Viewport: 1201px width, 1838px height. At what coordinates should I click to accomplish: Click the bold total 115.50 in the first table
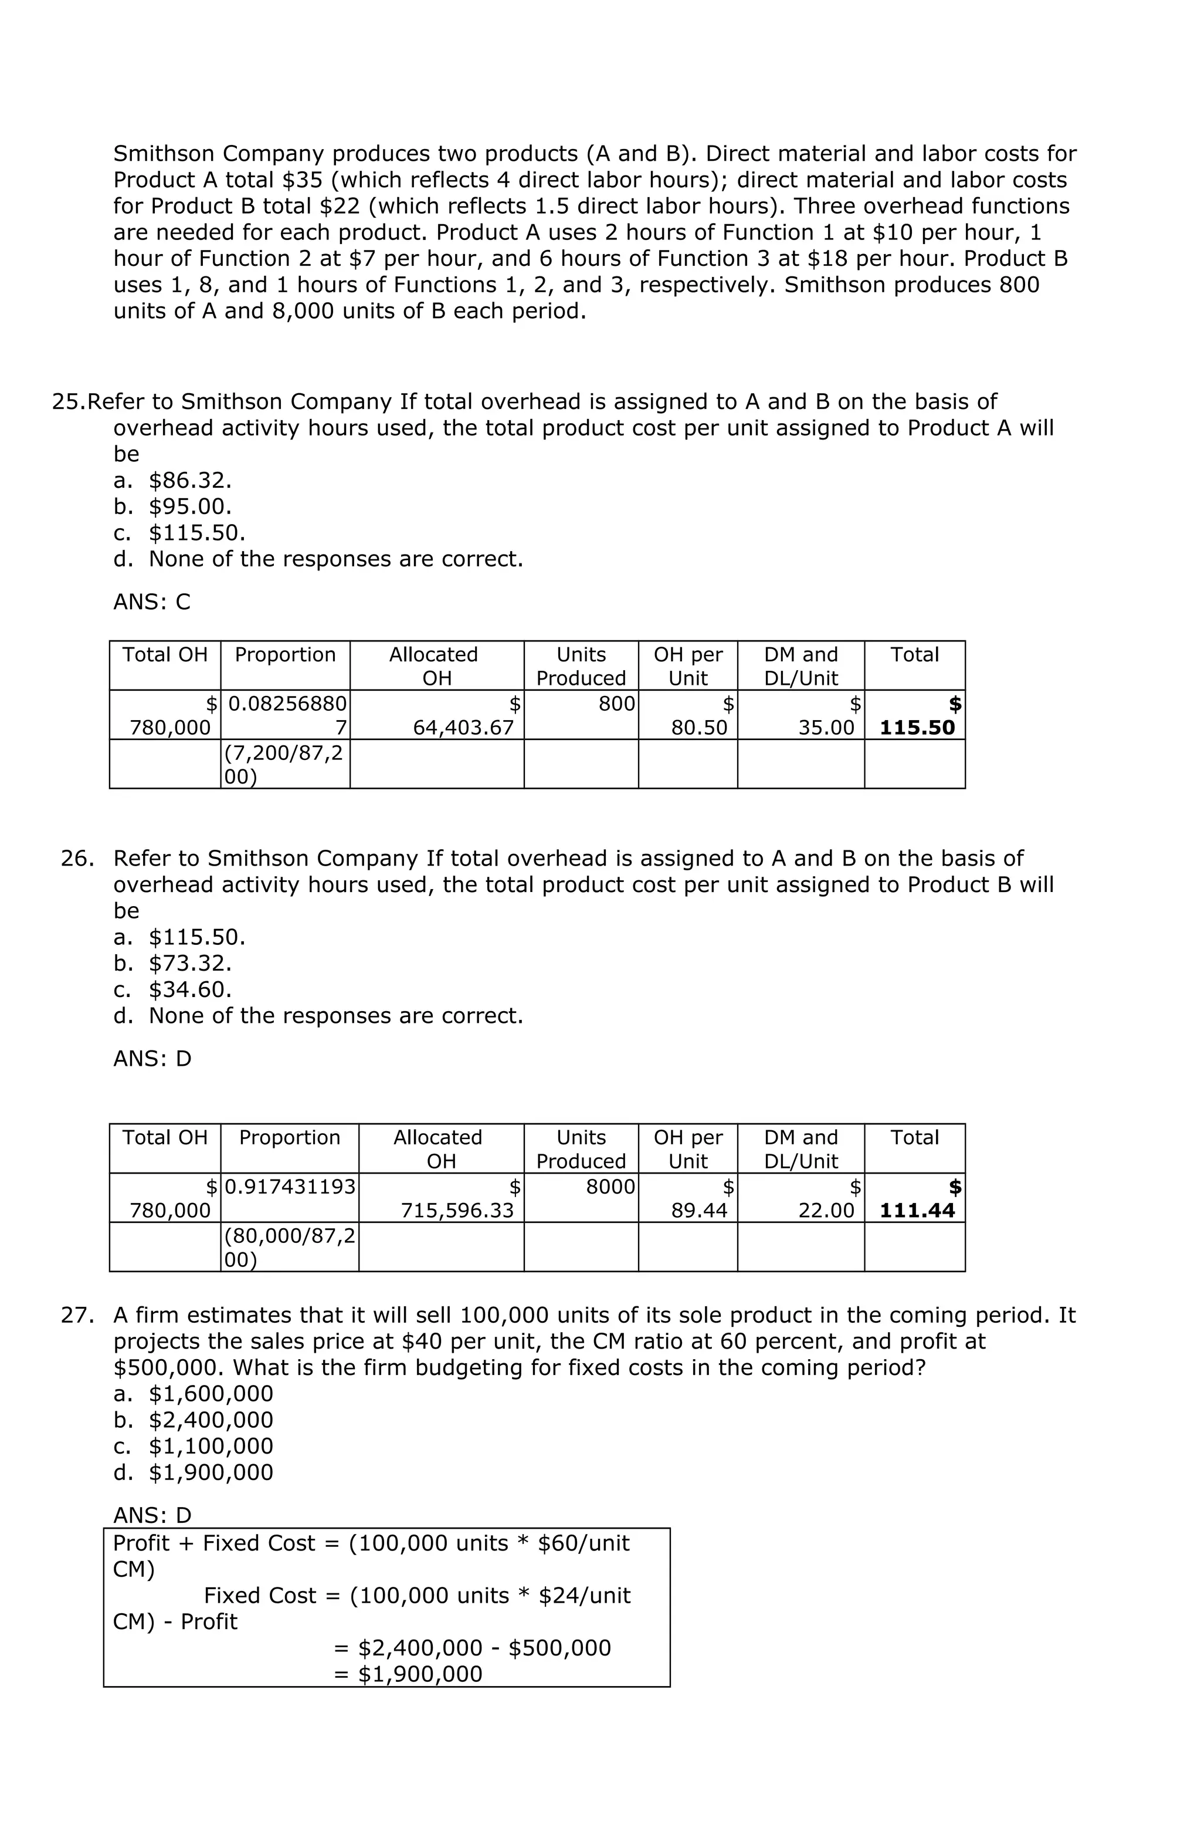pyautogui.click(x=917, y=728)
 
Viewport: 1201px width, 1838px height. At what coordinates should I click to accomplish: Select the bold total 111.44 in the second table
pyautogui.click(x=917, y=1210)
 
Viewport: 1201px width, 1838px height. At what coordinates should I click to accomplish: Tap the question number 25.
pyautogui.click(x=68, y=401)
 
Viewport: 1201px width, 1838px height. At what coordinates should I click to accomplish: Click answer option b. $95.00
pyautogui.click(x=173, y=506)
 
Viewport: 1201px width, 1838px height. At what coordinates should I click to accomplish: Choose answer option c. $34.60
pyautogui.click(x=173, y=989)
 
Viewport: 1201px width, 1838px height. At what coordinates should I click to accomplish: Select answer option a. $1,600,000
pyautogui.click(x=193, y=1393)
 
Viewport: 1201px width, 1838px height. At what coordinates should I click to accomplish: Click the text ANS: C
pyautogui.click(x=151, y=602)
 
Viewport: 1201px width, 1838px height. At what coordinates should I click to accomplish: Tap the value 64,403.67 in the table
pyautogui.click(x=463, y=728)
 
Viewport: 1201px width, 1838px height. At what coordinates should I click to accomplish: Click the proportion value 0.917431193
pyautogui.click(x=290, y=1186)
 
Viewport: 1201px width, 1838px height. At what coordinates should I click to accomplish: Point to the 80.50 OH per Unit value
pyautogui.click(x=698, y=728)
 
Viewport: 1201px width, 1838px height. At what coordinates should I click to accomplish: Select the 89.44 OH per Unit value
pyautogui.click(x=698, y=1210)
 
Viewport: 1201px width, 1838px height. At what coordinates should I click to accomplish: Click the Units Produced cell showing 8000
pyautogui.click(x=610, y=1186)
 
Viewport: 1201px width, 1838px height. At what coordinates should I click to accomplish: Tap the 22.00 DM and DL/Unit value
pyautogui.click(x=826, y=1210)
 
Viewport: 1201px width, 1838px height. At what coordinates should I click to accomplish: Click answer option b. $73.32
pyautogui.click(x=173, y=963)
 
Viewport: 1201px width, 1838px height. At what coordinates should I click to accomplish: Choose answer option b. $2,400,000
pyautogui.click(x=193, y=1420)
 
